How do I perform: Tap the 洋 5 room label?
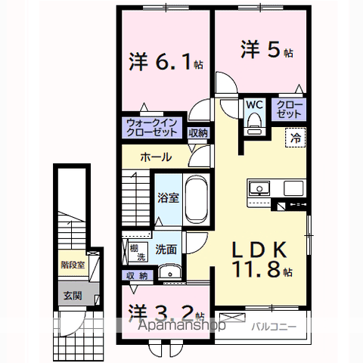pos(267,50)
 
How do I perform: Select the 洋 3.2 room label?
pos(167,312)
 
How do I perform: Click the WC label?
pos(253,106)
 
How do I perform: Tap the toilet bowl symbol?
pos(254,122)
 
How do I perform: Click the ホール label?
pos(155,157)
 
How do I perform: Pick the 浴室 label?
pos(167,198)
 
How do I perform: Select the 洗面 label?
pos(166,247)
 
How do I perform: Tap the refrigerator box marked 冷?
pos(296,138)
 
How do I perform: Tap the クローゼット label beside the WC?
pos(287,108)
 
